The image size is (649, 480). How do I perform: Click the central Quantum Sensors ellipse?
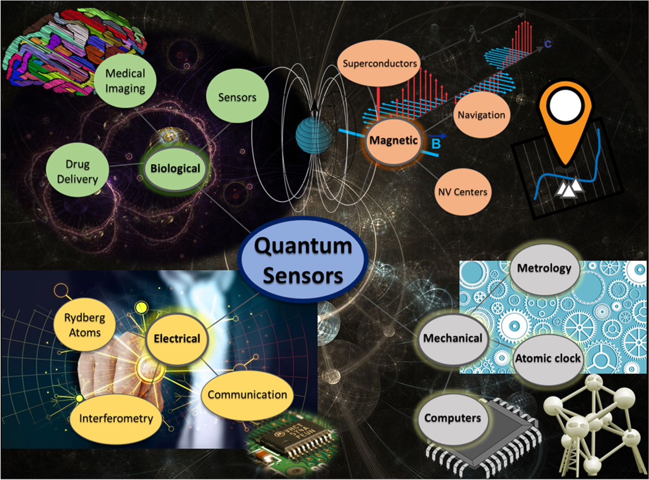pos(303,260)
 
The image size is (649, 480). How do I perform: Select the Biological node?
pos(175,169)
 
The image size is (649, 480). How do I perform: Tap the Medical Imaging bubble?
pos(125,81)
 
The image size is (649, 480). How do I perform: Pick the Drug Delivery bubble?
pos(77,171)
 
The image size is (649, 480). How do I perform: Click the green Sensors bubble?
pos(237,97)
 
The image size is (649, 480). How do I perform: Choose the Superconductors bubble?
pos(379,63)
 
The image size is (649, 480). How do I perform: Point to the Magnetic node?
pos(393,140)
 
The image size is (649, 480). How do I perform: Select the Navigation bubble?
pos(481,115)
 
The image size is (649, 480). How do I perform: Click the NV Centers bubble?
pos(463,192)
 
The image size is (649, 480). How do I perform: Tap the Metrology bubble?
pos(544,269)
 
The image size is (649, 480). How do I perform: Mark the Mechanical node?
pos(453,339)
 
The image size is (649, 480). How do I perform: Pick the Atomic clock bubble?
pos(548,359)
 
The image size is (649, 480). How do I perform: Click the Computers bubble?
pos(453,418)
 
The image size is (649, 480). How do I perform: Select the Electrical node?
pos(177,339)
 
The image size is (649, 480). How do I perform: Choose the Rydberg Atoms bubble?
pos(85,325)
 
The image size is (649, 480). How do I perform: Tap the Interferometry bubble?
pos(116,418)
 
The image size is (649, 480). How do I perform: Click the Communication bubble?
pos(247,395)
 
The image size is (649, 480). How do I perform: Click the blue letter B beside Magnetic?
pos(436,144)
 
